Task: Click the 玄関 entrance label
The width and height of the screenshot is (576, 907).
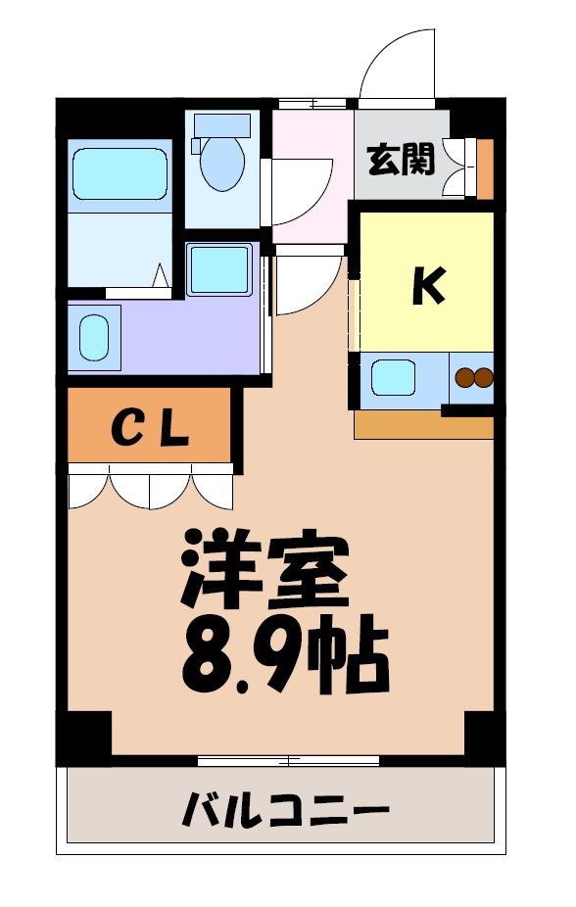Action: pos(401,159)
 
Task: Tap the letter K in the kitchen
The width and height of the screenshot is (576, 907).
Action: pos(428,285)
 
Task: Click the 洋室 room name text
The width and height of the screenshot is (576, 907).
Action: pos(264,572)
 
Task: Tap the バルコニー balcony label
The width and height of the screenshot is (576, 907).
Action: pos(285,811)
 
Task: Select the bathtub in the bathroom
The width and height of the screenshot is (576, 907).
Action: pos(119,174)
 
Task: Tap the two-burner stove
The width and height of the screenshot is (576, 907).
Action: pos(472,377)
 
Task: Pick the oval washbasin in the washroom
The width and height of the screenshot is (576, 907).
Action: pos(94,337)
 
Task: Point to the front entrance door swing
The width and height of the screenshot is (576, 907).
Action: pos(396,65)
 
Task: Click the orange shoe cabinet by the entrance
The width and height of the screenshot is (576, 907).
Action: pos(485,168)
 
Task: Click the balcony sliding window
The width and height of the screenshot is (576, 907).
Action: pos(288,760)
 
